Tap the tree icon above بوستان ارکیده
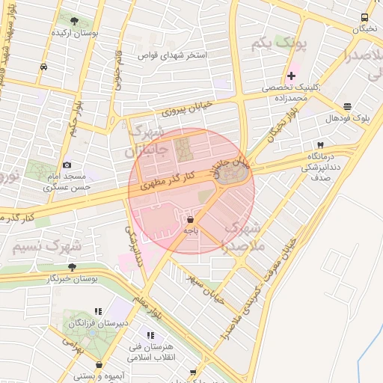point(73,21)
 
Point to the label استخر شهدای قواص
point(175,55)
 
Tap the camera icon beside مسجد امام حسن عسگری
point(67,165)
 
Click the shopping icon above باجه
point(190,220)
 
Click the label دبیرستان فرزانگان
point(99,324)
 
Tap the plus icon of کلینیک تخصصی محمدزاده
point(291,76)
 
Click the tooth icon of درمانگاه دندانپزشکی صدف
point(321,144)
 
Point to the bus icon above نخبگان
point(364,17)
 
